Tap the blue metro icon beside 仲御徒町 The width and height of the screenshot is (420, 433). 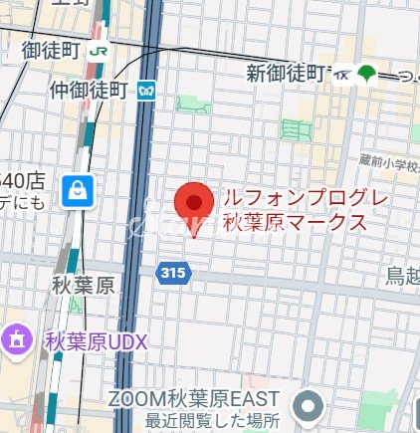pyautogui.click(x=148, y=91)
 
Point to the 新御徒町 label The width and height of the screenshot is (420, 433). pyautogui.click(x=288, y=73)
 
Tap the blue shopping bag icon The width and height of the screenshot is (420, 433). pyautogui.click(x=77, y=191)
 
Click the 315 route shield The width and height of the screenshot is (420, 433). pyautogui.click(x=173, y=271)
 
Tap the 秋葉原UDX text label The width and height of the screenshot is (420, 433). pyautogui.click(x=96, y=341)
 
